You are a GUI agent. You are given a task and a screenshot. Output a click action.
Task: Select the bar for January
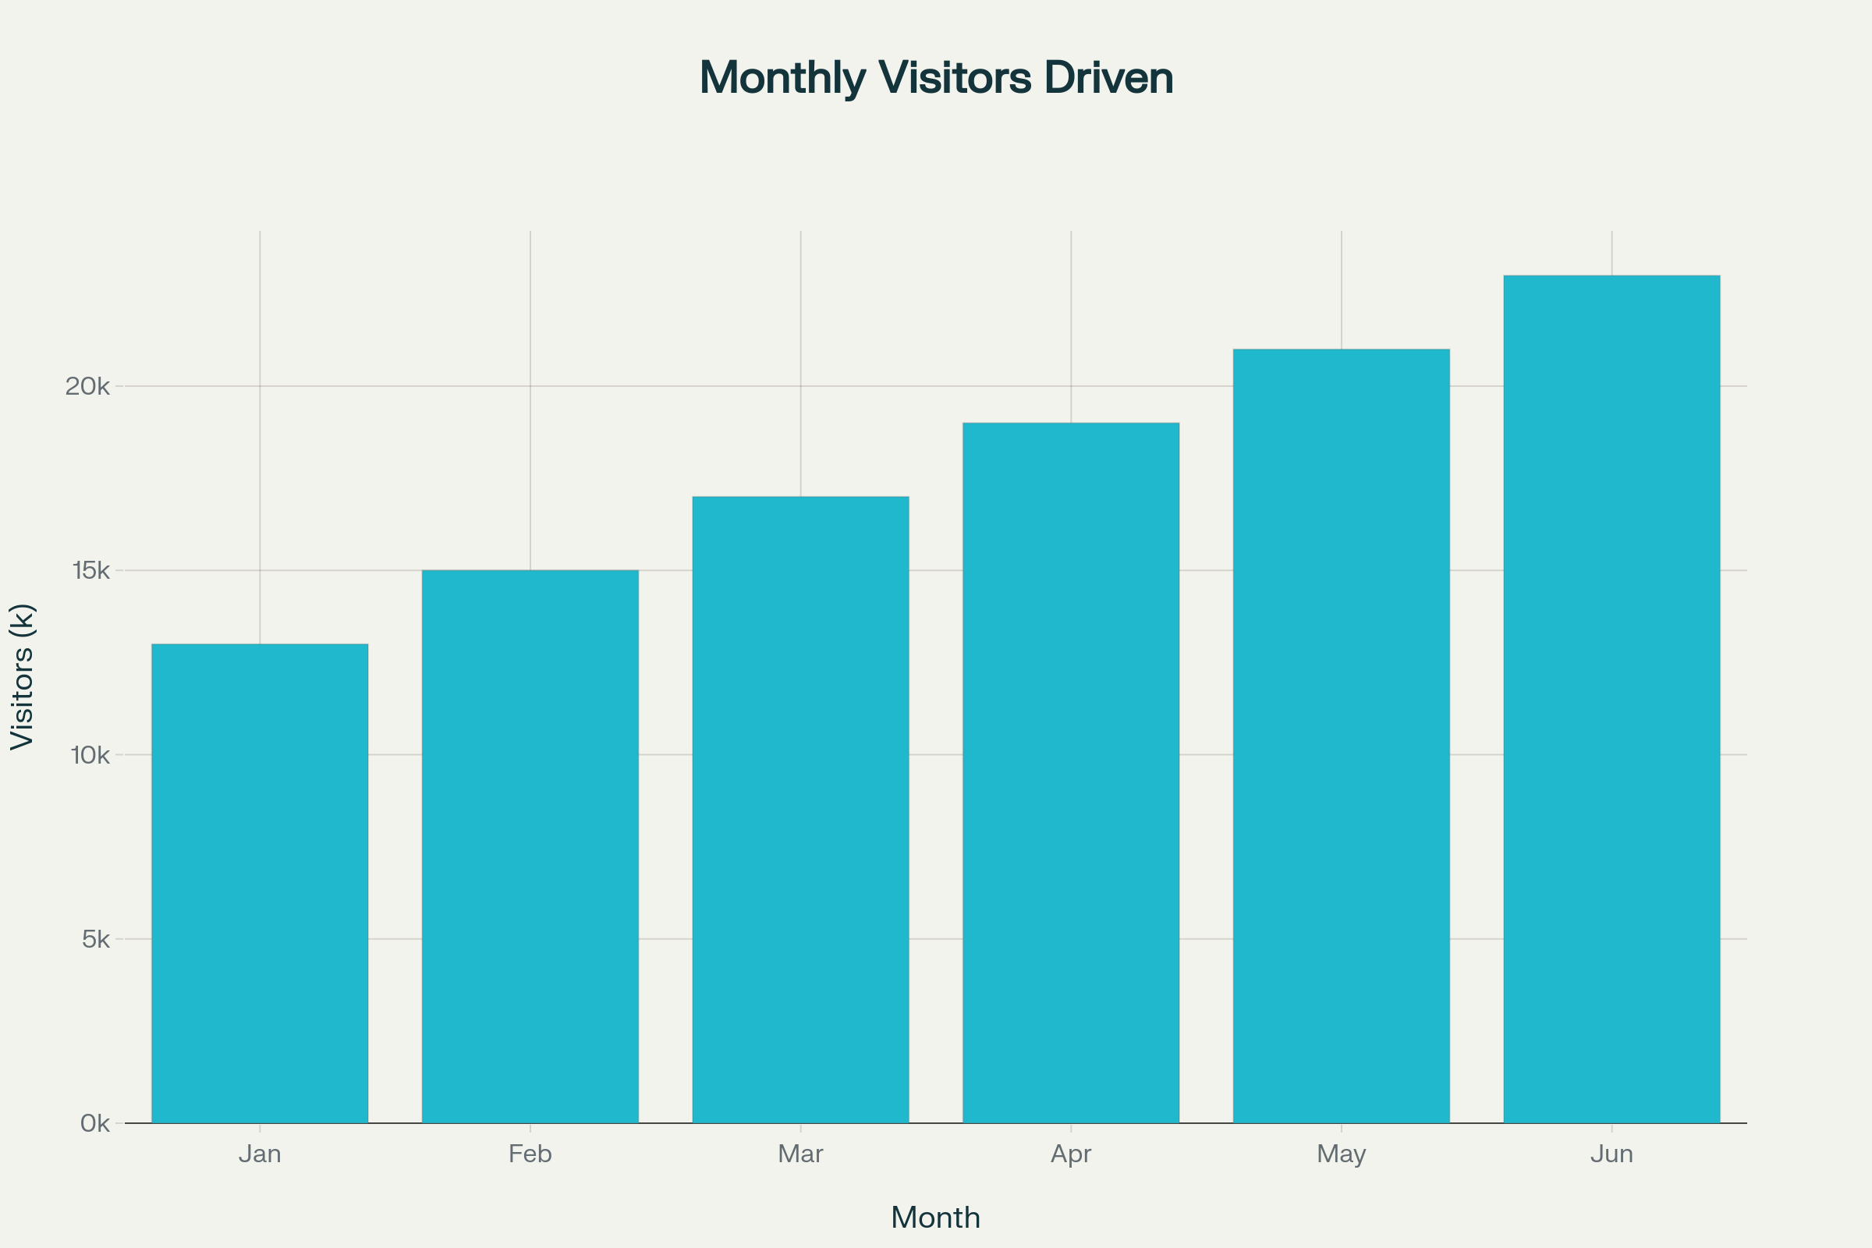coord(260,884)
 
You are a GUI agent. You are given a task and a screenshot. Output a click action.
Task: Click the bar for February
coord(530,847)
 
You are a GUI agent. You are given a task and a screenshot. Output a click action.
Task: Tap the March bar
coord(801,810)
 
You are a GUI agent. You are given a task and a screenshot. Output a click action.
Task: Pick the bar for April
coord(1070,773)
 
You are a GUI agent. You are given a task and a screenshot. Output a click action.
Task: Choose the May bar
coord(1341,736)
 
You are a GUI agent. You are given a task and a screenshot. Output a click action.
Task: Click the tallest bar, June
coord(1611,700)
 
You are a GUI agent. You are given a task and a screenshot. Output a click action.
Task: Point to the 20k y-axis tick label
coord(87,387)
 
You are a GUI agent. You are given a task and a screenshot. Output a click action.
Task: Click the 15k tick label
coord(90,571)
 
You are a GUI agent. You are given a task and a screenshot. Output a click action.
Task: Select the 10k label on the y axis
coord(90,755)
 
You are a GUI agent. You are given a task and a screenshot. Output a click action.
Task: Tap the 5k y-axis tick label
coord(95,939)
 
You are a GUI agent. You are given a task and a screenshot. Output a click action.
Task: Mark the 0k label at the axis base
coord(94,1124)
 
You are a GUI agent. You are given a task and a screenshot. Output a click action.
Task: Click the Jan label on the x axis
coord(260,1154)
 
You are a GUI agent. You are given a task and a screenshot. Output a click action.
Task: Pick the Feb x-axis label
coord(530,1154)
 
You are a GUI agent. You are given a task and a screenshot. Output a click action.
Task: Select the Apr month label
coord(1070,1154)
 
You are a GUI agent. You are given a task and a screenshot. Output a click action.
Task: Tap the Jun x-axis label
coord(1611,1154)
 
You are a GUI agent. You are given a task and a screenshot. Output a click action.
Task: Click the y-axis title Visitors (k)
coord(23,676)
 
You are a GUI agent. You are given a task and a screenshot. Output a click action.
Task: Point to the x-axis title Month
coord(935,1218)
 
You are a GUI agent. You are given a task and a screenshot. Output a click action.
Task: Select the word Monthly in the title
coord(782,78)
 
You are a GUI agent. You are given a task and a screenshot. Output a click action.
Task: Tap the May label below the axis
coord(1341,1154)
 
